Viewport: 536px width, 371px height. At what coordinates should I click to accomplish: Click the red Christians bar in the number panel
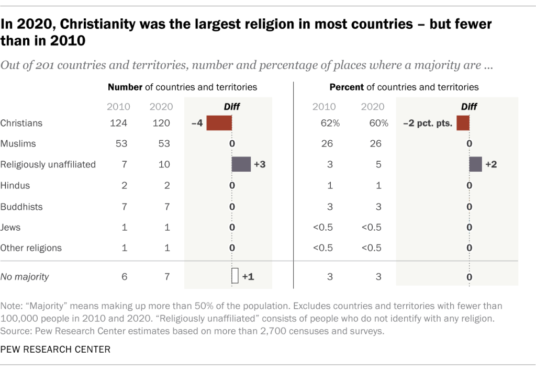[219, 123]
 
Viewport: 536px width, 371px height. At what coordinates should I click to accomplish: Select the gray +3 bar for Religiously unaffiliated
[241, 164]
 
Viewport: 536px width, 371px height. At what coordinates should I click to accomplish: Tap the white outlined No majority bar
[235, 276]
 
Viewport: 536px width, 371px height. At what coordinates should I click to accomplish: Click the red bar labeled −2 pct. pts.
[463, 123]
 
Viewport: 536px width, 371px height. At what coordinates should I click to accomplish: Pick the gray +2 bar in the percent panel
[475, 164]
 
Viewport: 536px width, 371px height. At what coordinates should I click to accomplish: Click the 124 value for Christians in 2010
[118, 123]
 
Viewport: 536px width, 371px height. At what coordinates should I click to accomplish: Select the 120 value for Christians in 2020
[161, 123]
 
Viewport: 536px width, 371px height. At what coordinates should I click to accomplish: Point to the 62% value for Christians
[330, 123]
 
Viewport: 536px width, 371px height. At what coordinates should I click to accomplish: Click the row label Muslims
[18, 143]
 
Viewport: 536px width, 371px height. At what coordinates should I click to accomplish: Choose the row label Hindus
[16, 185]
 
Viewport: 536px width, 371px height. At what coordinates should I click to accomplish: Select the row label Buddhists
[22, 206]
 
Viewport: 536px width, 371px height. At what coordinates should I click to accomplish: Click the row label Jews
[11, 227]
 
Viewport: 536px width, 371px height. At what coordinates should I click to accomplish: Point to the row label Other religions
[31, 248]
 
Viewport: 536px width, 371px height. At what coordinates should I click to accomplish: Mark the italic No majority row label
[25, 277]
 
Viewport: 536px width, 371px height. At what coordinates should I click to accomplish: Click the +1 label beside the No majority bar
[248, 277]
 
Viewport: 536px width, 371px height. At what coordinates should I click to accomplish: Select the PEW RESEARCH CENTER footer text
[55, 350]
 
